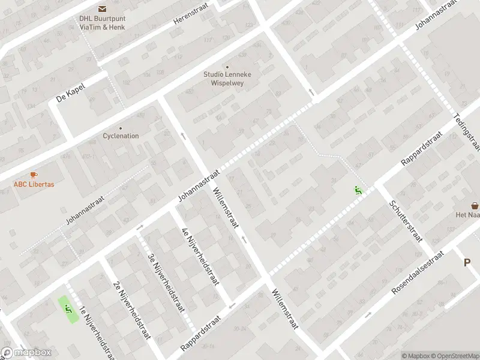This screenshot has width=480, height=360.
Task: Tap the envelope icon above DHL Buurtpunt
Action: point(101,8)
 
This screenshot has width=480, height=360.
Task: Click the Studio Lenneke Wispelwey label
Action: point(227,77)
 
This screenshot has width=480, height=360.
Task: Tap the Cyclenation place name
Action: point(121,136)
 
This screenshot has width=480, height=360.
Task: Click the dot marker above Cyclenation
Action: point(121,128)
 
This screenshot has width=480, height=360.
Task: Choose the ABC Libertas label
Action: point(34,184)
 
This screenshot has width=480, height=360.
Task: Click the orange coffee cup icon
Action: point(34,175)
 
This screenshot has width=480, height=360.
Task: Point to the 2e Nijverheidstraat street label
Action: point(130,310)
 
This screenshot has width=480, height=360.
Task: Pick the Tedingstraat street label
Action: point(467,131)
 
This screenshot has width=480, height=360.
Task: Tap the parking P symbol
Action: point(467,262)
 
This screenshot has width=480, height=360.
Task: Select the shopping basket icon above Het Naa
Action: point(475,205)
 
